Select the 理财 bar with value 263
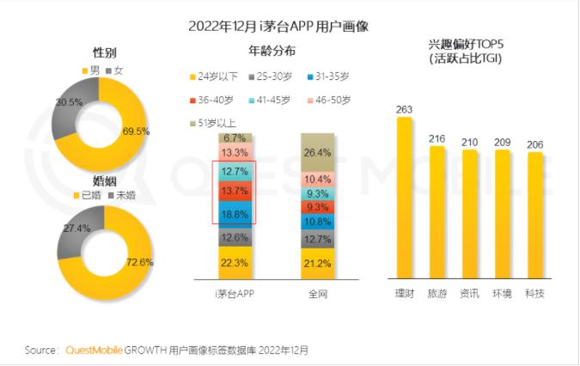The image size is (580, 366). (x=404, y=198)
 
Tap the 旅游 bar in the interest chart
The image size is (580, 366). (x=437, y=215)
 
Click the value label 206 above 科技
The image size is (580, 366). (x=534, y=144)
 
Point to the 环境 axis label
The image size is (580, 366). (x=502, y=294)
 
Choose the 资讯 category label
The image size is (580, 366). (x=469, y=294)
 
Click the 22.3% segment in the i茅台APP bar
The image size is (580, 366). (x=235, y=262)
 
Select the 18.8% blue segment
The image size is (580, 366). (x=235, y=214)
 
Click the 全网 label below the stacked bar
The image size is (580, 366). (x=318, y=294)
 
